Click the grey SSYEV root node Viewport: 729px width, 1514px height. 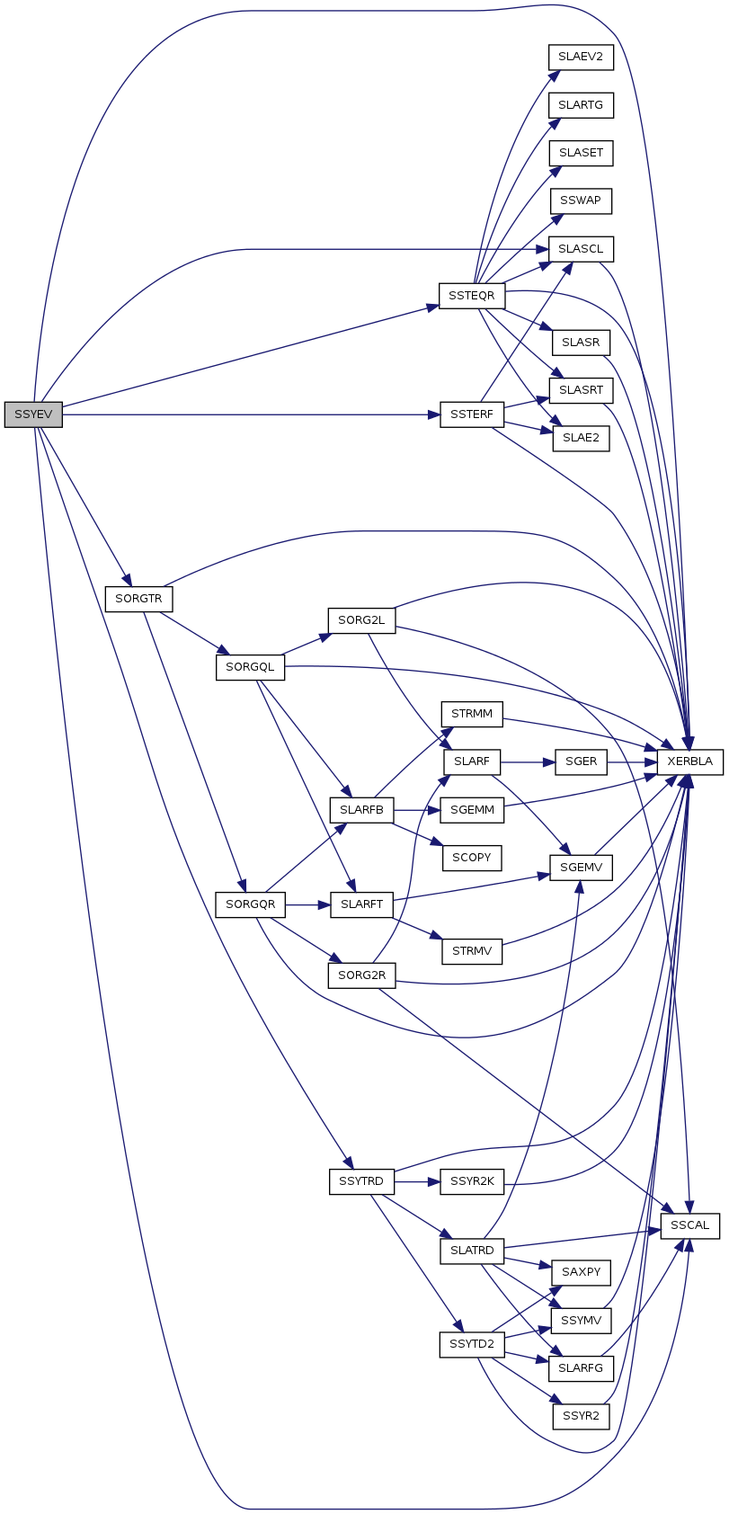pos(33,414)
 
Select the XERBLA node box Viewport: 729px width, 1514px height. pos(689,761)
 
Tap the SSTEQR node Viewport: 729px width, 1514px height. pos(472,296)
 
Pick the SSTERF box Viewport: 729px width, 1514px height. pos(471,414)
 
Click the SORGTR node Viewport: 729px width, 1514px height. pos(138,599)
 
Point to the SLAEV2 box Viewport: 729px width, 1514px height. pos(580,57)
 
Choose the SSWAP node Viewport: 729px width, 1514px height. pos(581,200)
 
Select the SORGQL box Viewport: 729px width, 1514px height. pos(250,667)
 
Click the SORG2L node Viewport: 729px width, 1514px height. pos(361,620)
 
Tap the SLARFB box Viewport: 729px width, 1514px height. pos(361,810)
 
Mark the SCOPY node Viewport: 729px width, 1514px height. pos(471,858)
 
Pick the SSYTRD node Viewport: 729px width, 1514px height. pos(361,1181)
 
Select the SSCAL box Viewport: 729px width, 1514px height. pos(689,1225)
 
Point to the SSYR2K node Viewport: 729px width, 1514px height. pos(472,1181)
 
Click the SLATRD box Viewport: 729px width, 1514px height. pos(472,1251)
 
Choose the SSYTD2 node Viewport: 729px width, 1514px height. pos(472,1345)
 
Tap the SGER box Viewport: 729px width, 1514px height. pos(581,761)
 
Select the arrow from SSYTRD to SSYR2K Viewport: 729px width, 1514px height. pos(416,1181)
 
